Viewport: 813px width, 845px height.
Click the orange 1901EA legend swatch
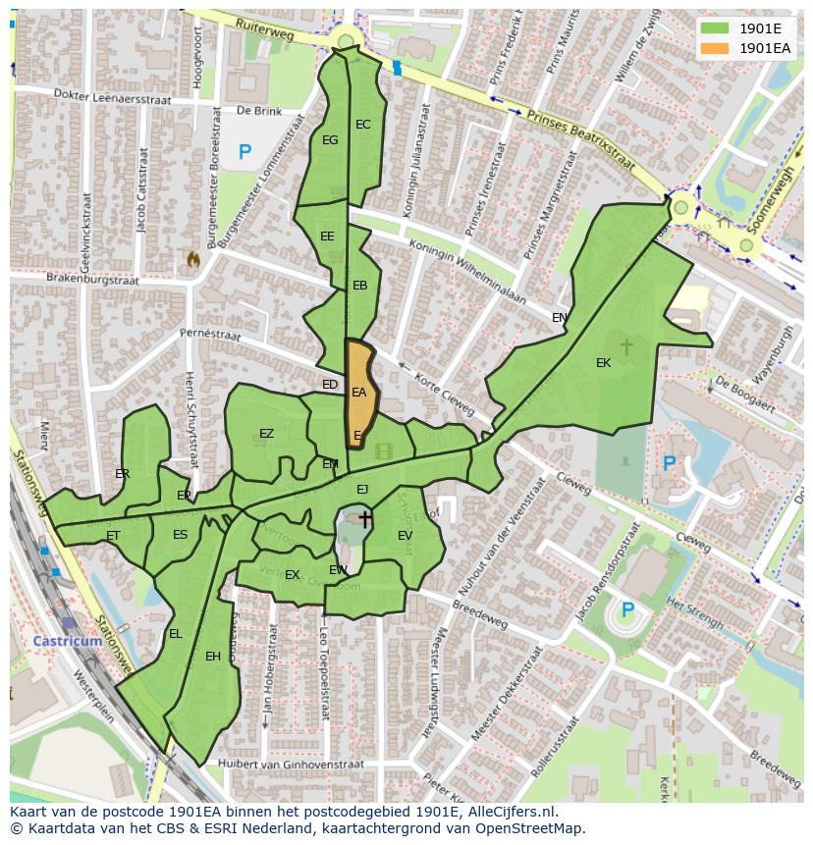715,48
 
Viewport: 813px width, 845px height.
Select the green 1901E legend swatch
715,27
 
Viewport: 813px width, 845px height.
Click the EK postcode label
603,363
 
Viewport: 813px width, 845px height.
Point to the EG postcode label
330,140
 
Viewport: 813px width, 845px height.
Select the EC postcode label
363,125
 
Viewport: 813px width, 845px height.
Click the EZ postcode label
267,434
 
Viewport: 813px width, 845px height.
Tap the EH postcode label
213,657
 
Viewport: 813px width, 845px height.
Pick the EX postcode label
292,575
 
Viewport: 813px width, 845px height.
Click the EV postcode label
405,535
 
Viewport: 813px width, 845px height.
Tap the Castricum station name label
68,641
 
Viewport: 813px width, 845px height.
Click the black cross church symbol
364,519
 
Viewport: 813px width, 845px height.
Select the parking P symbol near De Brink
244,152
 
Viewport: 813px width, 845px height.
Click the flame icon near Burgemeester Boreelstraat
192,260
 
